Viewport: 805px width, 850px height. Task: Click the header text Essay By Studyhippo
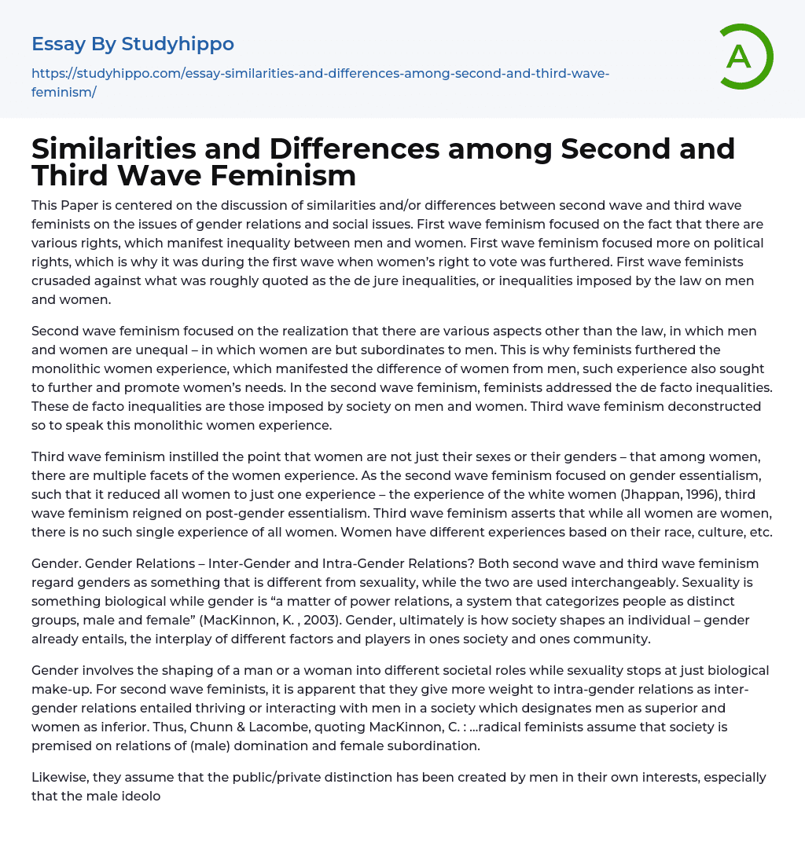[133, 43]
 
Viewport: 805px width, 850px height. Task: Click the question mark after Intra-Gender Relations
[471, 563]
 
